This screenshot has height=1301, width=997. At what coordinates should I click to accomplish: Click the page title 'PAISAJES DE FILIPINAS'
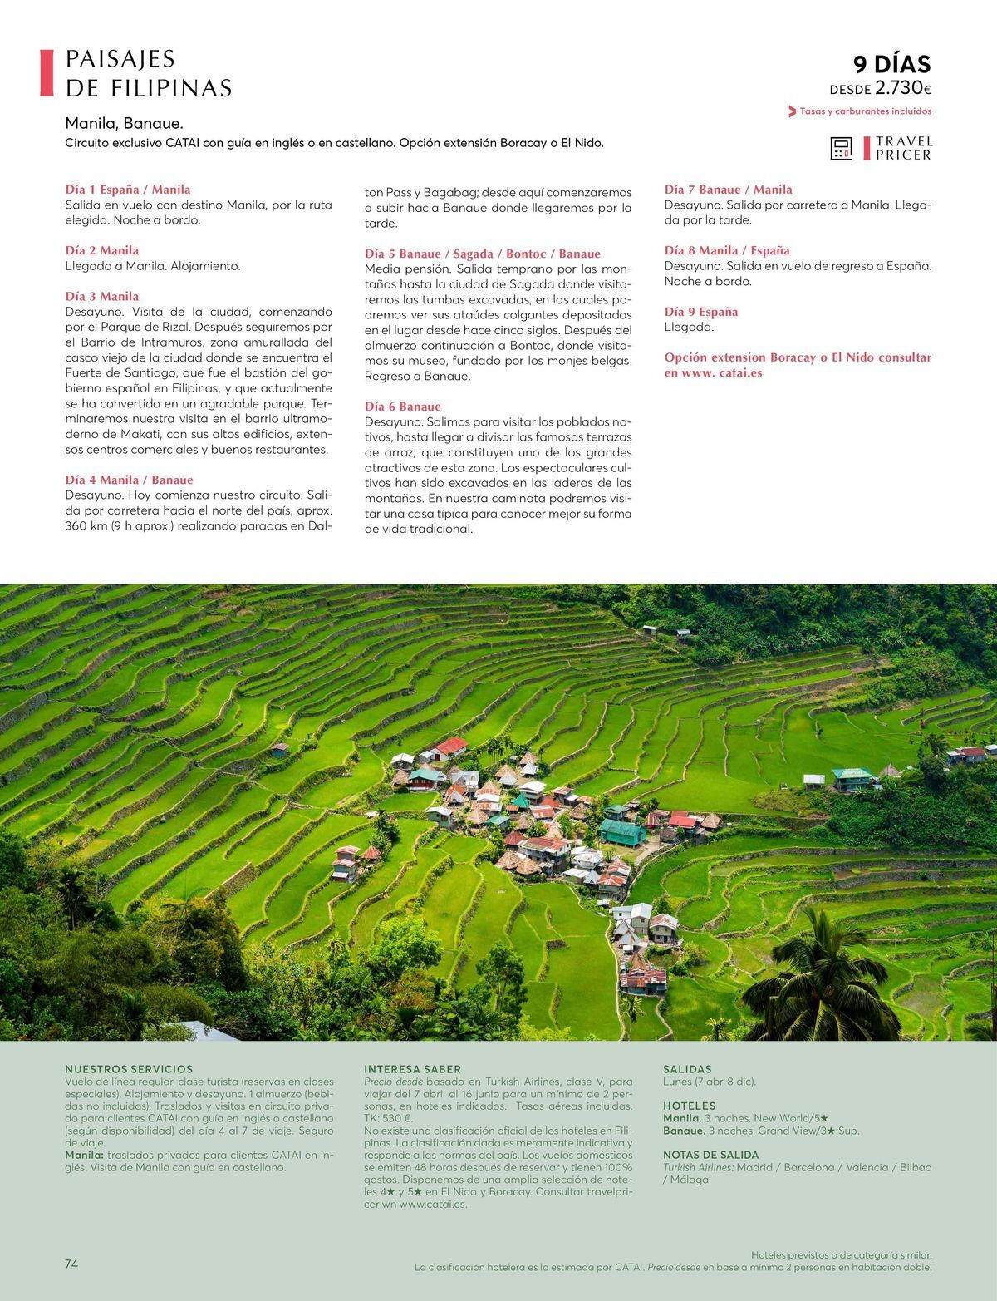(x=148, y=73)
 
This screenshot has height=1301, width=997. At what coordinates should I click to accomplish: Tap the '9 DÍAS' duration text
(x=891, y=64)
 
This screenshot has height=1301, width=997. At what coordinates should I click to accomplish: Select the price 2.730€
(x=903, y=88)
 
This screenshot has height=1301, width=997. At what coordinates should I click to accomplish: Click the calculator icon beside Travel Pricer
(x=841, y=149)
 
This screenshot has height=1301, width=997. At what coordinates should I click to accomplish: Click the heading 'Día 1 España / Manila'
(x=128, y=190)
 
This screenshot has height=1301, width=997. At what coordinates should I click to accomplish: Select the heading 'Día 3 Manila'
(x=102, y=296)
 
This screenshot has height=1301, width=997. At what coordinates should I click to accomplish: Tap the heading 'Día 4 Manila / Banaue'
(x=129, y=480)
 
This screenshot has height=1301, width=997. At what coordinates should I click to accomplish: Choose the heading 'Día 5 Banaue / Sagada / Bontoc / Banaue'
(x=482, y=254)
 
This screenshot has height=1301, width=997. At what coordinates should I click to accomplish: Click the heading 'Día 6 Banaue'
(x=402, y=407)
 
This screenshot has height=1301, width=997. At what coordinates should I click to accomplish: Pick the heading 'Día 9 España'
(x=701, y=312)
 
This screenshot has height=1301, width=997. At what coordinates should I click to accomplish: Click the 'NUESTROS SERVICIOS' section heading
(x=129, y=1069)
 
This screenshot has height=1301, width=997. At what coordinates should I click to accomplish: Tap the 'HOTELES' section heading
(x=689, y=1106)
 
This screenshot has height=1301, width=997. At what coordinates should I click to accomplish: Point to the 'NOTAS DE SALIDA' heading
(x=710, y=1155)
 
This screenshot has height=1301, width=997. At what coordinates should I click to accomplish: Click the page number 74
(x=71, y=1264)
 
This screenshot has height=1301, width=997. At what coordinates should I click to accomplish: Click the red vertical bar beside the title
(x=47, y=73)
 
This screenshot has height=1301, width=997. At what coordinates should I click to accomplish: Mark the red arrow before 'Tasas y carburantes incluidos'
(x=792, y=111)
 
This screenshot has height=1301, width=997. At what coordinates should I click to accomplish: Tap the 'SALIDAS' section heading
(x=687, y=1069)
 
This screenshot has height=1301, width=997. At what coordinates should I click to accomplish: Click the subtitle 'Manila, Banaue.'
(x=124, y=124)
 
